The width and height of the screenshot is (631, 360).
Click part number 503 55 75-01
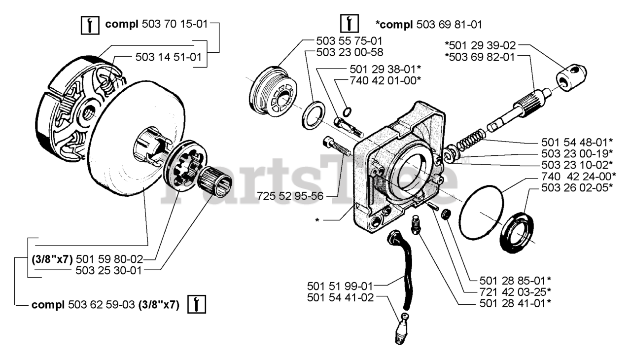coord(349,40)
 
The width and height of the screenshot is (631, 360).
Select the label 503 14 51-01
coord(168,57)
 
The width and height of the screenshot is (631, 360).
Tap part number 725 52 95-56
coord(290,196)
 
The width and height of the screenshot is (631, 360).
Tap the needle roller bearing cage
coord(216,180)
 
